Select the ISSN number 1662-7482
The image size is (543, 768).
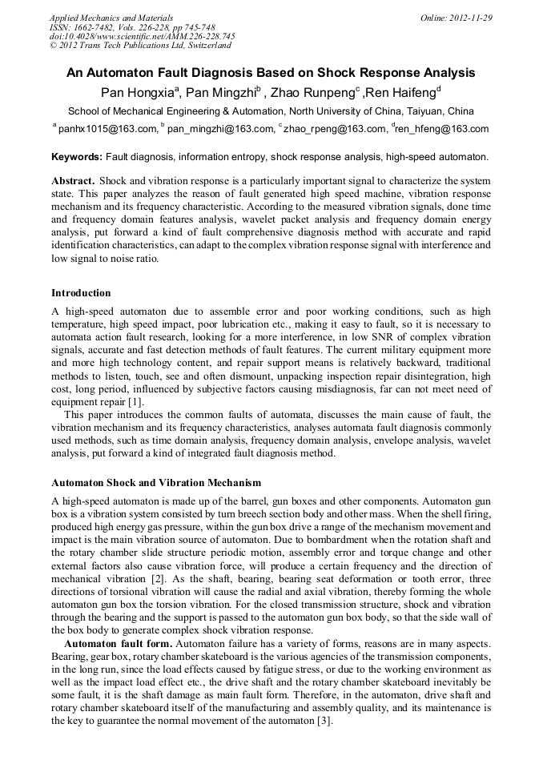[x=107, y=27]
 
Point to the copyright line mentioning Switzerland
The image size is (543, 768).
[x=141, y=46]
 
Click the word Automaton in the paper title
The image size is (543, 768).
[x=117, y=73]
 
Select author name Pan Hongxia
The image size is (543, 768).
[x=137, y=92]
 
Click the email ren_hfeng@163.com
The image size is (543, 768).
[x=443, y=129]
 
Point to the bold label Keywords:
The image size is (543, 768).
[x=76, y=157]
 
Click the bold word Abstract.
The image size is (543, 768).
[x=73, y=181]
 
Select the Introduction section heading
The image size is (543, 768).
[x=81, y=293]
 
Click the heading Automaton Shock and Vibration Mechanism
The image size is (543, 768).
[x=155, y=484]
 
